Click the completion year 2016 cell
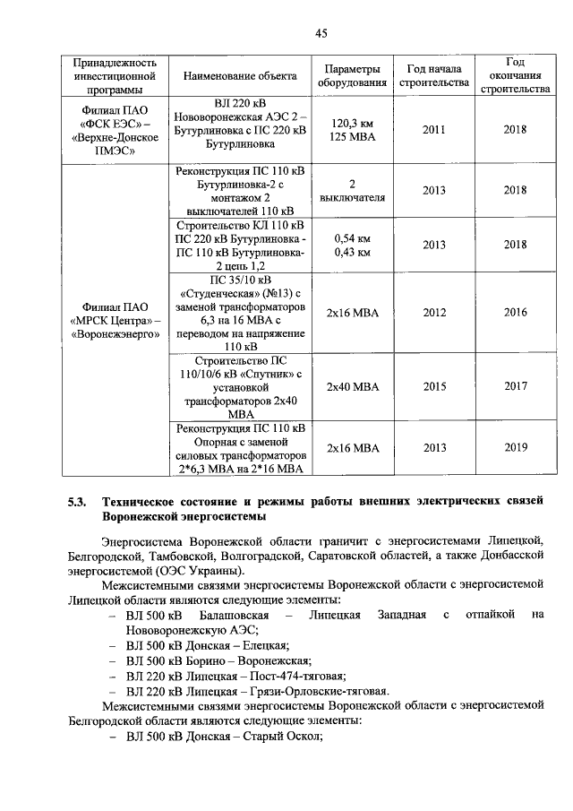click(515, 313)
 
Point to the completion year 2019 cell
click(515, 447)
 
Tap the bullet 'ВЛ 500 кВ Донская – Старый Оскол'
click(224, 736)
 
